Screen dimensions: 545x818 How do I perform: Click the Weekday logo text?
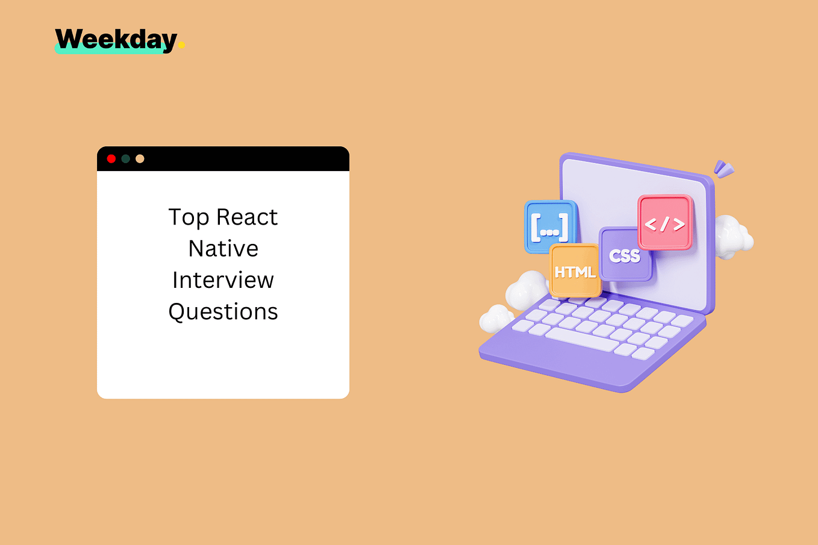[x=116, y=40]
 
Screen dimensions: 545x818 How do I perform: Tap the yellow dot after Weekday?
[x=181, y=45]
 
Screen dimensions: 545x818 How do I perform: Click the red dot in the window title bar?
[x=111, y=159]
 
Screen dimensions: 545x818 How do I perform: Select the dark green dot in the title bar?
[x=125, y=159]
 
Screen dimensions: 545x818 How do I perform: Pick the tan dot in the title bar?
[x=140, y=159]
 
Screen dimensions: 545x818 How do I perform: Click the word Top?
[x=189, y=217]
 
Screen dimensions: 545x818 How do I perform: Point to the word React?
[x=247, y=217]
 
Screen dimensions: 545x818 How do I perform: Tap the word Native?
[x=223, y=249]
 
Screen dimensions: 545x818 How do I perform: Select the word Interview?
[x=223, y=280]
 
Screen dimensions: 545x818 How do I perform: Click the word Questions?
[x=223, y=312]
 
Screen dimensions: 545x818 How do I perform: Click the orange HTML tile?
[x=575, y=271]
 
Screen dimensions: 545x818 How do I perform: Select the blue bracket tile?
[x=550, y=227]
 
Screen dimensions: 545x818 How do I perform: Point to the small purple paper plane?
[x=723, y=169]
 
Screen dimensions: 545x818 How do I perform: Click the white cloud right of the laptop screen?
[x=734, y=236]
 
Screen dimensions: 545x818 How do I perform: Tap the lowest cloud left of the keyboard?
[x=496, y=318]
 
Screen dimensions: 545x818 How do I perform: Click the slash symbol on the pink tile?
[x=664, y=224]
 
